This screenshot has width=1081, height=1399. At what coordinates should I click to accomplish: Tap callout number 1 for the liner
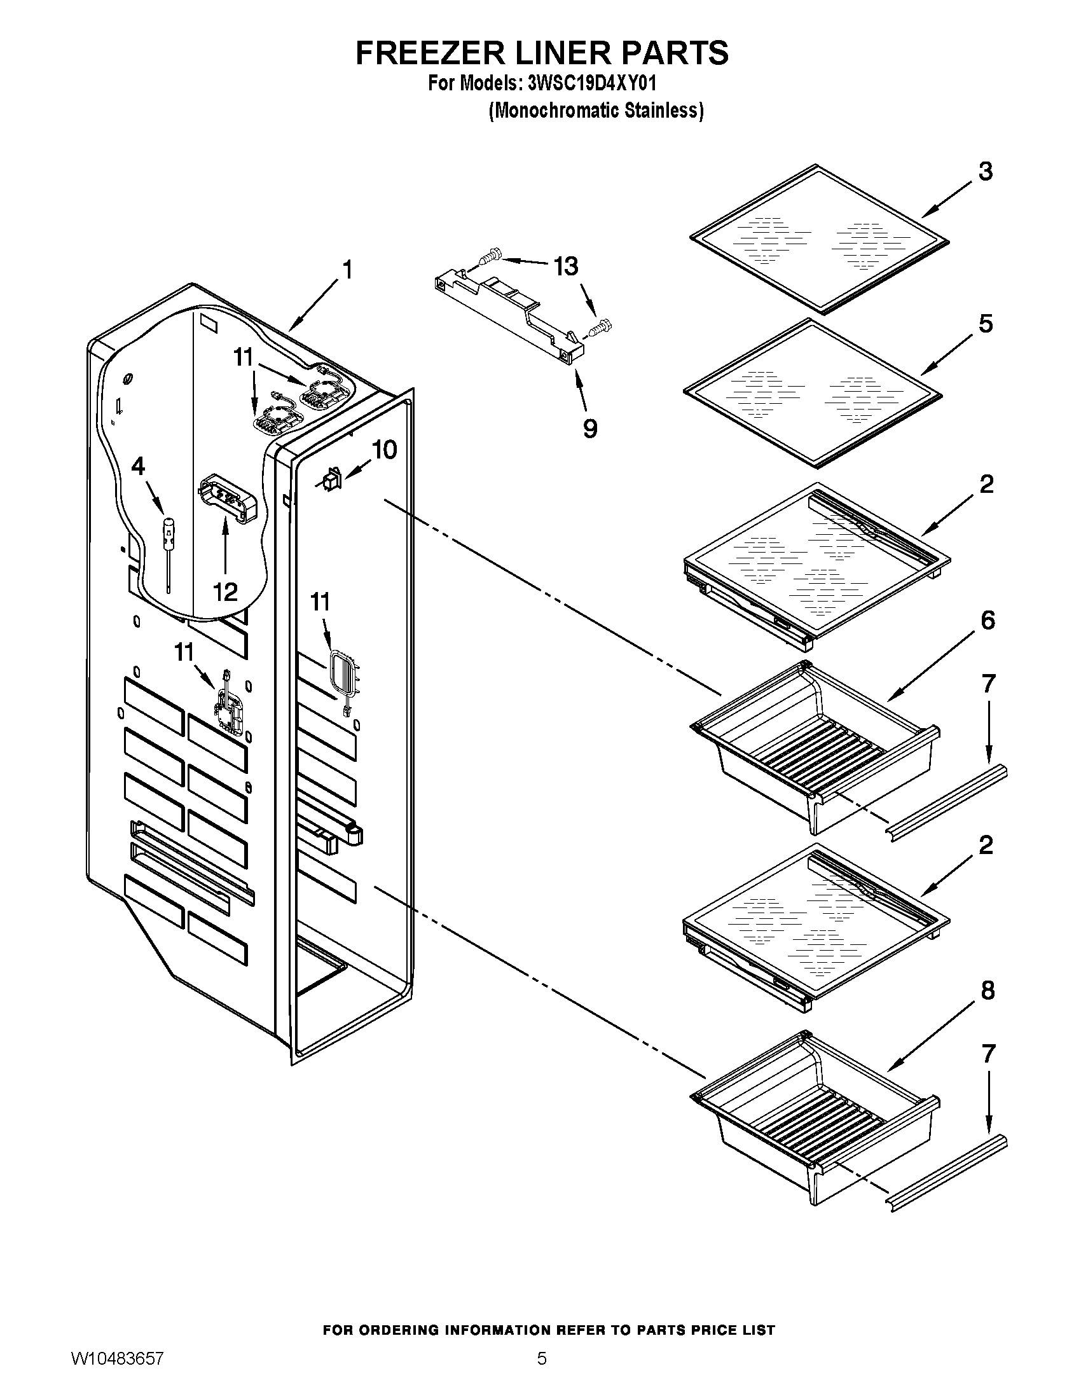(347, 270)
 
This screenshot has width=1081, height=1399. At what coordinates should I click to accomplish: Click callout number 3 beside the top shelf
(986, 172)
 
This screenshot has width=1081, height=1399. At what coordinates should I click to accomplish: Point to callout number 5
(986, 324)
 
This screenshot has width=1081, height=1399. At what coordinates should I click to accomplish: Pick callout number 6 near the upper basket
(988, 620)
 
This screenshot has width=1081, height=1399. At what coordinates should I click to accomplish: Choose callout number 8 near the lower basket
(988, 991)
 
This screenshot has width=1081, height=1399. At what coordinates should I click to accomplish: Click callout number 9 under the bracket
(590, 428)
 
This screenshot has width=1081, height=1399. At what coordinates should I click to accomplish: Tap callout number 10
(384, 450)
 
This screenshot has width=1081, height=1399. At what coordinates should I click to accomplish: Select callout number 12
(226, 592)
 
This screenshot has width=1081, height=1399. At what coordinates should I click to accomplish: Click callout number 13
(566, 266)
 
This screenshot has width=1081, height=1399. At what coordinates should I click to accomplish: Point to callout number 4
(139, 466)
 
